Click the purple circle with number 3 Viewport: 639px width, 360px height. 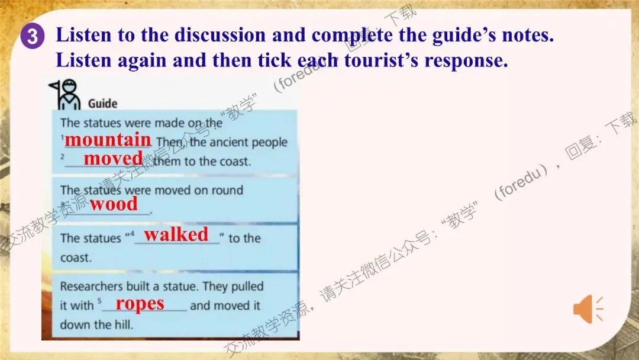(32, 36)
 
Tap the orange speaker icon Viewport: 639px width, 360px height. (588, 310)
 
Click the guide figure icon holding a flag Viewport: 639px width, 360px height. (65, 95)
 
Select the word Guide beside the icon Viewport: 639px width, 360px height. (102, 104)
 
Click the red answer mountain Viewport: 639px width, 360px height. (108, 140)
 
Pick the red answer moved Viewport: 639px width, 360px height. (113, 158)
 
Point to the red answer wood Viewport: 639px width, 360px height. (114, 204)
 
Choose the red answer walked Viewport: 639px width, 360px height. (176, 234)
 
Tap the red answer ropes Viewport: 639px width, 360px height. (140, 304)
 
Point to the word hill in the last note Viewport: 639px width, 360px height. (124, 324)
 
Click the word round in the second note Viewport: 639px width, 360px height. (227, 190)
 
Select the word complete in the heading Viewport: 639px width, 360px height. (353, 36)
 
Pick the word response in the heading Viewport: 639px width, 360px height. (466, 61)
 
